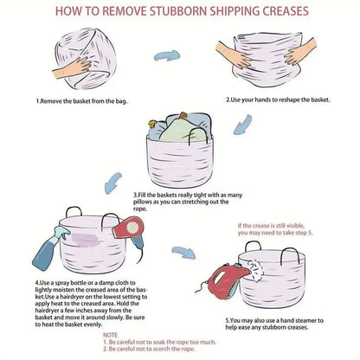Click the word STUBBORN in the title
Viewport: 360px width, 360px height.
pos(177,11)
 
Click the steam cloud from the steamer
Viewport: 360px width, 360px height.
pos(255,270)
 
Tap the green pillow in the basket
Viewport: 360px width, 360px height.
pos(178,131)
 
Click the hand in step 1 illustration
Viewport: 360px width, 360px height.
pos(72,68)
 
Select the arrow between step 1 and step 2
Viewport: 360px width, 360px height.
pos(167,55)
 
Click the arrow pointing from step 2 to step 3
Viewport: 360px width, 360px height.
pos(243,125)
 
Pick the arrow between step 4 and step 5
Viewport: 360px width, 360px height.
pos(183,252)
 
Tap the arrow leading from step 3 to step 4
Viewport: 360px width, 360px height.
pos(113,183)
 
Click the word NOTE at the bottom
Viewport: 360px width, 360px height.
pos(110,335)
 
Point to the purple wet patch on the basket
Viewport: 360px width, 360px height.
pos(86,240)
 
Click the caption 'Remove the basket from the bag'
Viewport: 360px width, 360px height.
pos(84,101)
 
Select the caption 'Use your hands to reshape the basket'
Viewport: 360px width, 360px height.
pos(280,100)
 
